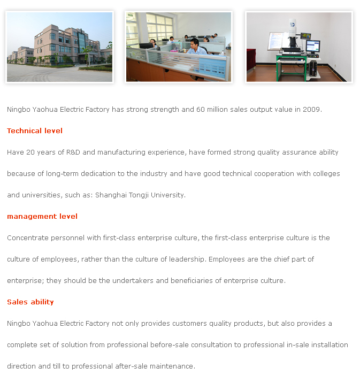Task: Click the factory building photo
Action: pos(59,47)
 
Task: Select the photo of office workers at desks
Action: pos(178,47)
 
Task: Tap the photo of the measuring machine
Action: pos(298,47)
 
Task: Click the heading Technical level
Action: pos(35,131)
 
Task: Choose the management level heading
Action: pos(42,216)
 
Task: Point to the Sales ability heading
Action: pos(30,302)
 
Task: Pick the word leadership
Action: pos(187,259)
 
